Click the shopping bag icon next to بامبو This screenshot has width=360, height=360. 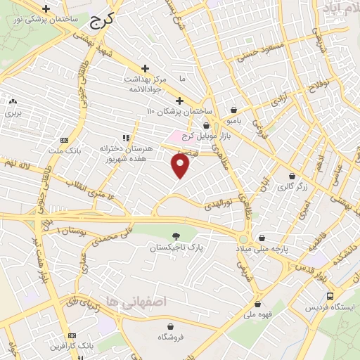pos(233,110)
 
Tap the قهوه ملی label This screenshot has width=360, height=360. pos(259,316)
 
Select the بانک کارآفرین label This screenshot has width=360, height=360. pos(72,346)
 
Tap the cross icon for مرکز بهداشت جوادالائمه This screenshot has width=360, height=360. pos(145,68)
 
